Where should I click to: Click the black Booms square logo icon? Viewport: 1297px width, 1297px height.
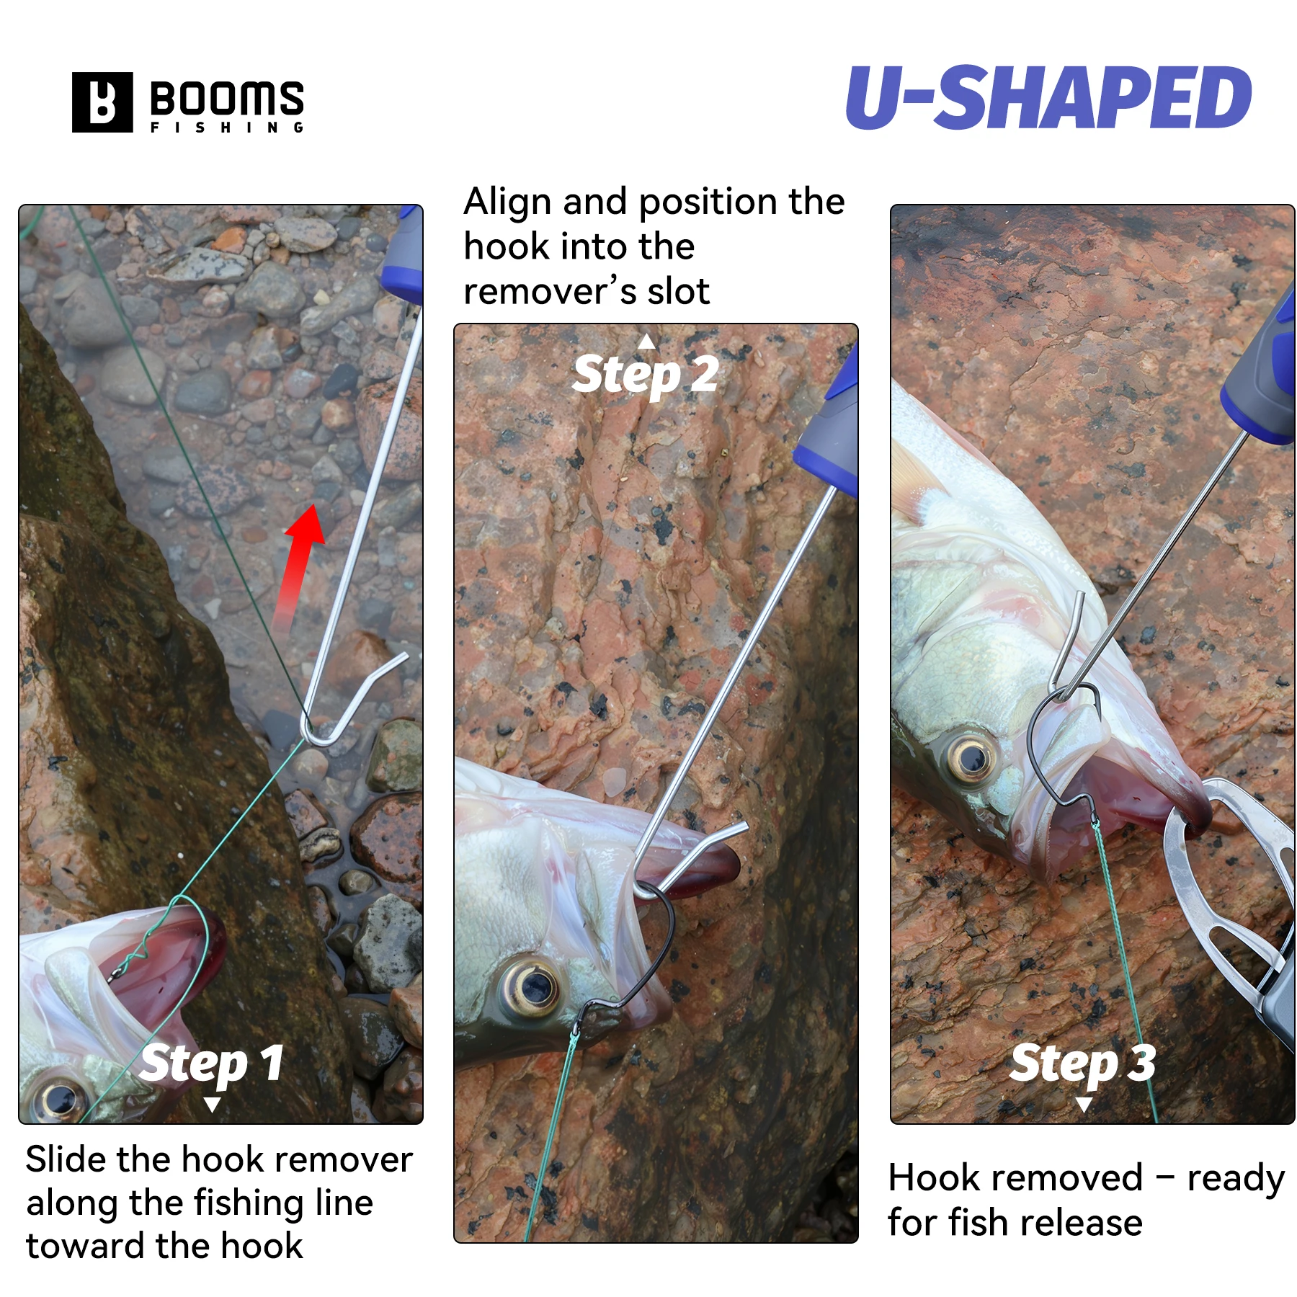point(102,102)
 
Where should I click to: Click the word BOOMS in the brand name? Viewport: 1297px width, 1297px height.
point(227,99)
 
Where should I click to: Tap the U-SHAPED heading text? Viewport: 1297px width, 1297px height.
point(1048,97)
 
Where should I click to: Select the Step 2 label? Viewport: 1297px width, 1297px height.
point(646,375)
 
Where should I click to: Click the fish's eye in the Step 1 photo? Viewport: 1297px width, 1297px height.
point(61,1100)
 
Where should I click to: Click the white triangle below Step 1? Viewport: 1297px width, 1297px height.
point(212,1105)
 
